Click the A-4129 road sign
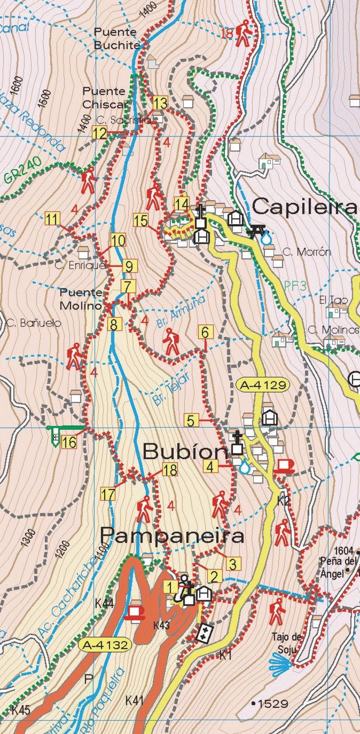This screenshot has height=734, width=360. click(x=263, y=384)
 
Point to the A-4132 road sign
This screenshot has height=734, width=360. click(x=105, y=645)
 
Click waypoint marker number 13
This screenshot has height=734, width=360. click(x=160, y=102)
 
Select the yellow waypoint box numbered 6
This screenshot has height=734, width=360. click(x=205, y=332)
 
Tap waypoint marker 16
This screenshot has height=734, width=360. click(x=68, y=442)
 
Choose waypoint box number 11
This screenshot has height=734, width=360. click(x=52, y=218)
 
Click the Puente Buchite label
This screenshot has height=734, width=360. click(x=116, y=38)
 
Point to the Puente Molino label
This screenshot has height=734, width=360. click(x=81, y=299)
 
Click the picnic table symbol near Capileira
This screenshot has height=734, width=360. click(x=258, y=231)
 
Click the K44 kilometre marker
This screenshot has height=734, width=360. click(x=104, y=603)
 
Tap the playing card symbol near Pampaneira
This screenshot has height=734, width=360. click(x=205, y=634)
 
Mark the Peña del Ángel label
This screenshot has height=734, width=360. click(x=338, y=561)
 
